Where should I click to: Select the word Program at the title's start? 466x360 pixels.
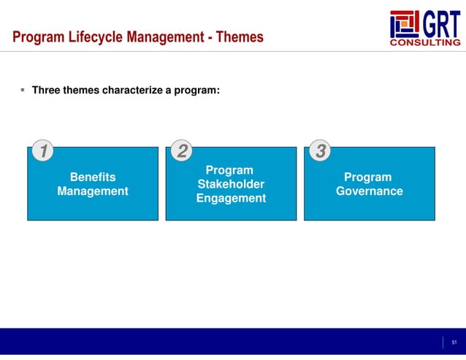37,37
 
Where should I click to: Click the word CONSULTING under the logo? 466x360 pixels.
427,42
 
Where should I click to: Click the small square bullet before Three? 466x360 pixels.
23,91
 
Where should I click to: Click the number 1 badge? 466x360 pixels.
45,151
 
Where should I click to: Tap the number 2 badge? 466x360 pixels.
183,151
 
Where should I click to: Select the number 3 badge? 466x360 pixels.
321,151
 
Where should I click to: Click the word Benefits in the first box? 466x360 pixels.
92,177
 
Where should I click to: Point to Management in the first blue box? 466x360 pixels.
92,191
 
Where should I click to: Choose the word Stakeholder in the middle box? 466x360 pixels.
231,184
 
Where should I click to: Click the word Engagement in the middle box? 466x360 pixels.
231,199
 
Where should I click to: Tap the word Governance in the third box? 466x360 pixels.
369,191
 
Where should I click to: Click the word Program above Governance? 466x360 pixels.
367,177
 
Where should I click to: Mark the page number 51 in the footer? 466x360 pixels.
454,342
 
